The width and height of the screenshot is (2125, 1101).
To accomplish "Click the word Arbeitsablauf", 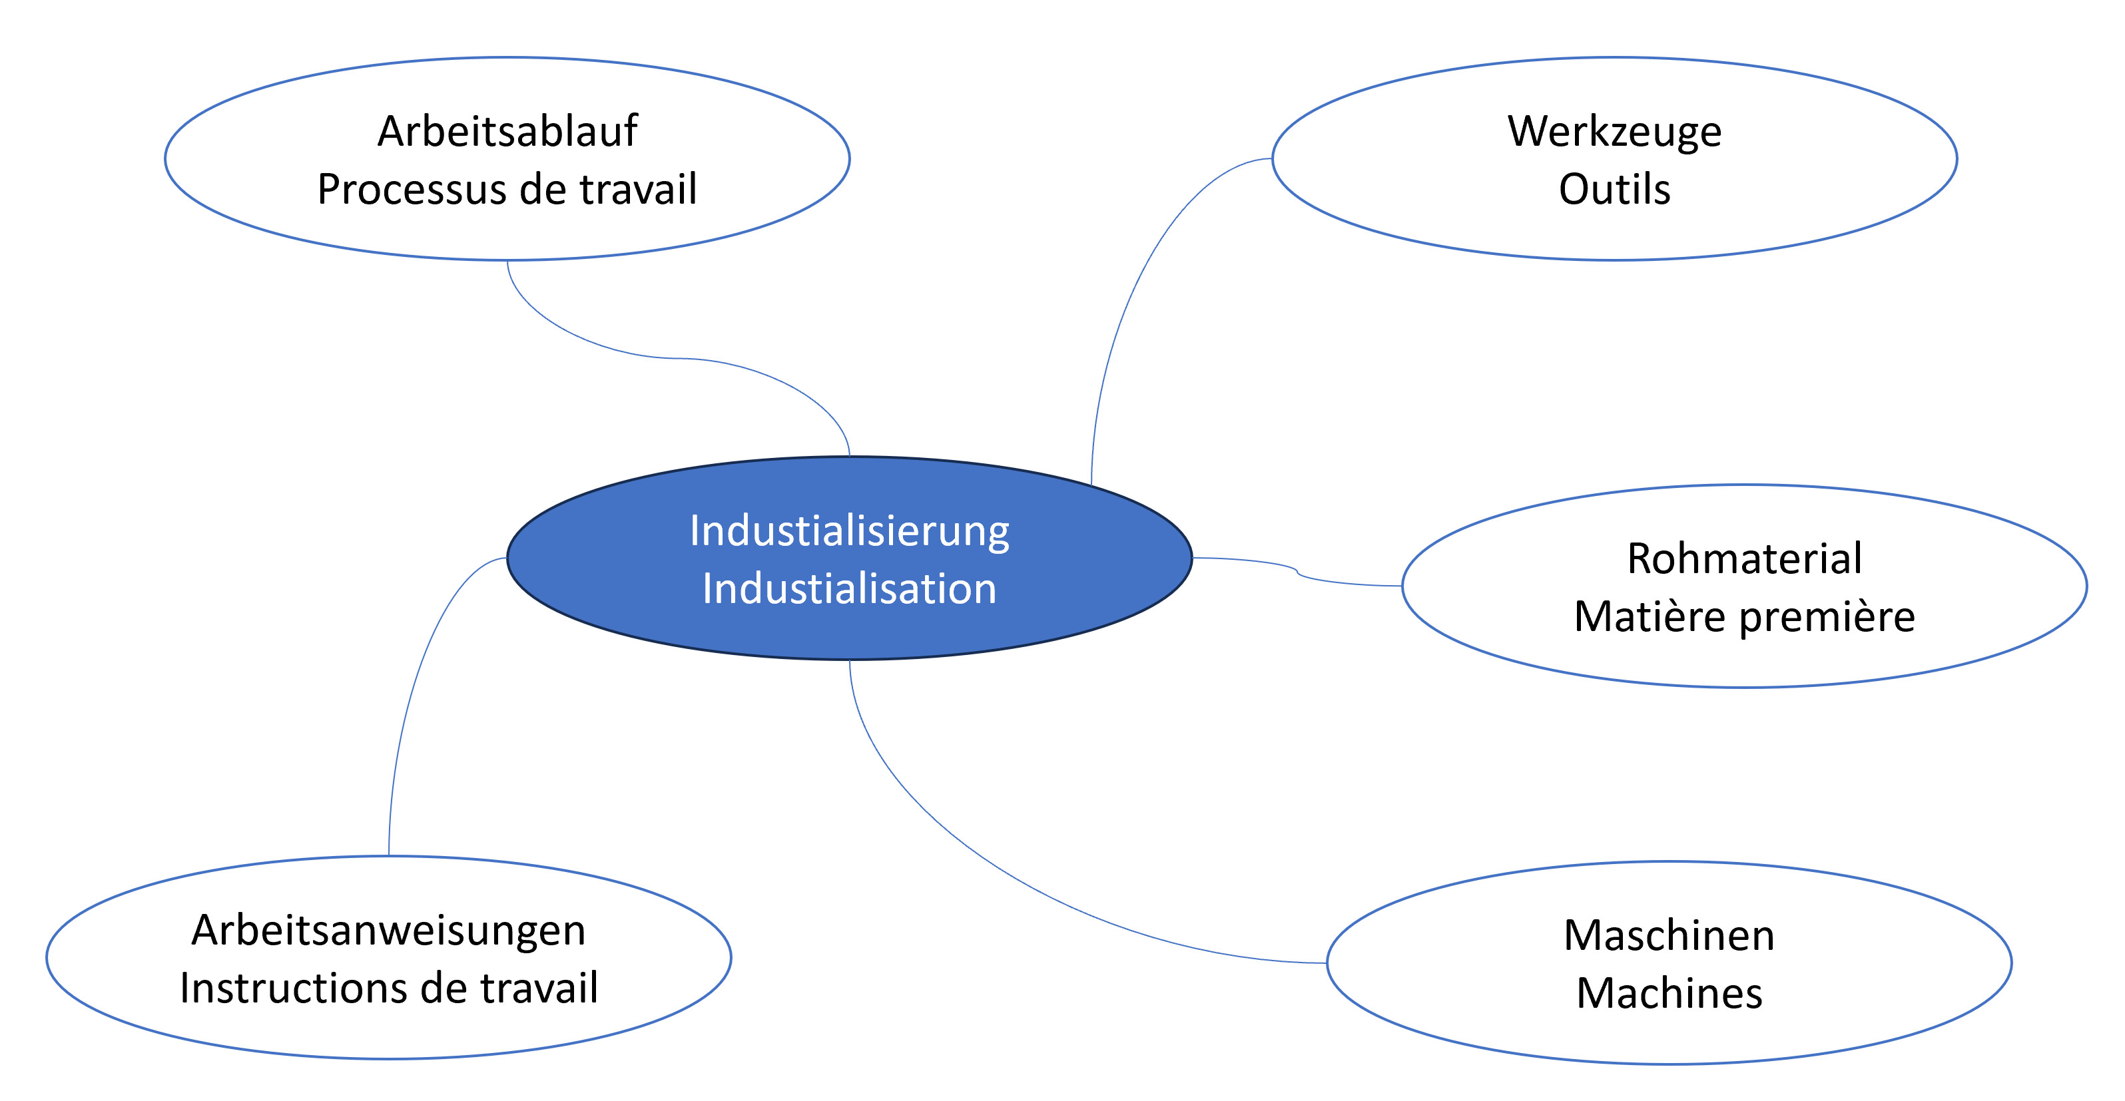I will [x=507, y=131].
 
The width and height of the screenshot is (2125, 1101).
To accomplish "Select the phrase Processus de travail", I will [x=507, y=189].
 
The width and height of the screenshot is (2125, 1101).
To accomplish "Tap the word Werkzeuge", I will [x=1614, y=131].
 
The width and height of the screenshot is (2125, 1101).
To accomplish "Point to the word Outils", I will [x=1614, y=189].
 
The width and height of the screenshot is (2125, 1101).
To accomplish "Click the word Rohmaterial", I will [x=1744, y=558].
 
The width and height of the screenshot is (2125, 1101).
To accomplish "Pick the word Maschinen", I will [x=1669, y=935].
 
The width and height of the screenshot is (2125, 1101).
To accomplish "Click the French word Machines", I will [x=1669, y=993].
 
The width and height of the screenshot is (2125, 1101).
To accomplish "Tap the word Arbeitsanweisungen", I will [x=388, y=931].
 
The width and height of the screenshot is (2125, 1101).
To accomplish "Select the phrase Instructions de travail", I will [x=388, y=988].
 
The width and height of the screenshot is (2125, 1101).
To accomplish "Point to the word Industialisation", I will [x=849, y=589].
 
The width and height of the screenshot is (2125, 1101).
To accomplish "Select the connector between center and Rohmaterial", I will [x=1298, y=572].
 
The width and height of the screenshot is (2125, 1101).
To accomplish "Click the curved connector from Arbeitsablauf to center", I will [x=677, y=359].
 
